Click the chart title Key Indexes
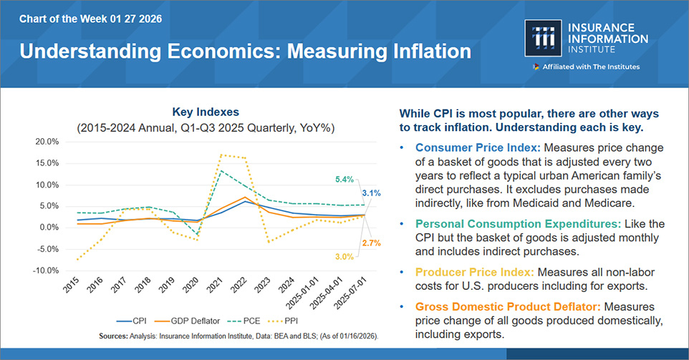pos(205,112)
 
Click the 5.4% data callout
pos(345,180)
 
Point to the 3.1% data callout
pos(370,193)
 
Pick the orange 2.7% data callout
pos(370,243)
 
